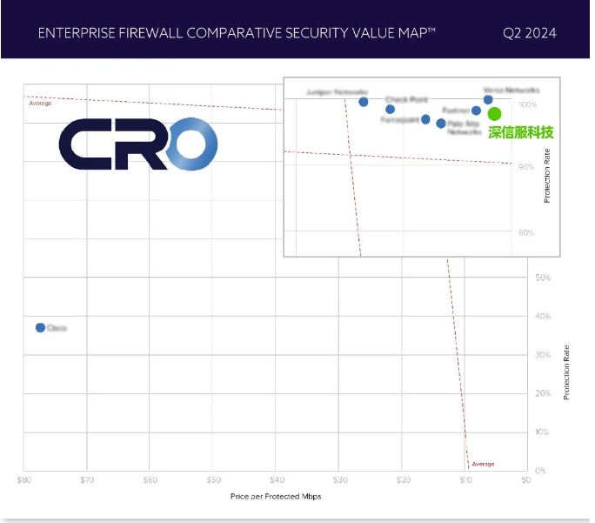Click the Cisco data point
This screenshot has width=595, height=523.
[40, 327]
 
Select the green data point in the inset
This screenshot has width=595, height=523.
[494, 114]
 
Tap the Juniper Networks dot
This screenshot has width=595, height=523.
[364, 102]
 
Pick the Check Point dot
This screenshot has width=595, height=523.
[390, 109]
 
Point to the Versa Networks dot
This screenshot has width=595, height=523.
[488, 99]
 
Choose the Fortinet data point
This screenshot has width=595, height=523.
[476, 111]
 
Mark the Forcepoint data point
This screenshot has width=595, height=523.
[425, 119]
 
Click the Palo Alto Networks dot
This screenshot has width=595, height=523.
[441, 124]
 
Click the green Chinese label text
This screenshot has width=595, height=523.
[520, 133]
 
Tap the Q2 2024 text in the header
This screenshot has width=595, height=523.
[529, 34]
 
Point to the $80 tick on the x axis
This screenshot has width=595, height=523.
[24, 479]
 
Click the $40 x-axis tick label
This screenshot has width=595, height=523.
[277, 479]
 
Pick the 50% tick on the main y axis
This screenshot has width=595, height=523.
[542, 278]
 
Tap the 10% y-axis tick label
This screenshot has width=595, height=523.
[542, 432]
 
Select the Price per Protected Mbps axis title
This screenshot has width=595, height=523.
[275, 495]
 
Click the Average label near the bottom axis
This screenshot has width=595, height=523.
[484, 464]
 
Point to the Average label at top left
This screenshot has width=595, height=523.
[41, 104]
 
